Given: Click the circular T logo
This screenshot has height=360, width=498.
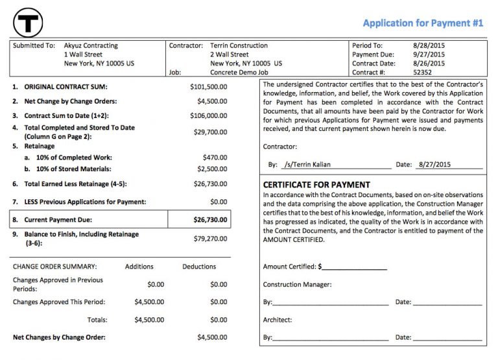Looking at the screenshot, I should click(x=27, y=22).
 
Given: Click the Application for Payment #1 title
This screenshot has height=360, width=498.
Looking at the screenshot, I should click(x=423, y=23).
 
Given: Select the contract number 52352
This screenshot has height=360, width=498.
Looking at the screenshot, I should click(x=423, y=73).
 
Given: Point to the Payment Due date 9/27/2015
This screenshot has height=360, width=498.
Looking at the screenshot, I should click(x=429, y=54).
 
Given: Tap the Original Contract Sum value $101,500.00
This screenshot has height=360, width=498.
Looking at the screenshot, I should click(x=209, y=86).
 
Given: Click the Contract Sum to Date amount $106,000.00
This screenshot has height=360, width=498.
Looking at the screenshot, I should click(x=209, y=115).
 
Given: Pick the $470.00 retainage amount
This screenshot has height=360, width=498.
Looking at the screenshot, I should click(x=215, y=157).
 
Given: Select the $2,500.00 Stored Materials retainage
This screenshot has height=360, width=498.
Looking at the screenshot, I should click(x=213, y=169).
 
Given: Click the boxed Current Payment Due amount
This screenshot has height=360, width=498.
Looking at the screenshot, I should click(x=211, y=220).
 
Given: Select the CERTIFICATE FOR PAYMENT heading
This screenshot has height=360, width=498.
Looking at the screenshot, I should click(x=316, y=185).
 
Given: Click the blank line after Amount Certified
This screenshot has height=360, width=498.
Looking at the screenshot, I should click(x=353, y=267).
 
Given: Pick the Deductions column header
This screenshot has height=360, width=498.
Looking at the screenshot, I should click(x=199, y=267).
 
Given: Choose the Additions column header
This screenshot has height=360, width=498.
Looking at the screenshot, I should click(x=139, y=267).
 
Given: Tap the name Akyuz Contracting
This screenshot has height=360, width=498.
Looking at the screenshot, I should click(x=91, y=46).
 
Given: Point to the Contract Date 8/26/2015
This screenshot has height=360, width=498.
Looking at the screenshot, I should click(x=429, y=64).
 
